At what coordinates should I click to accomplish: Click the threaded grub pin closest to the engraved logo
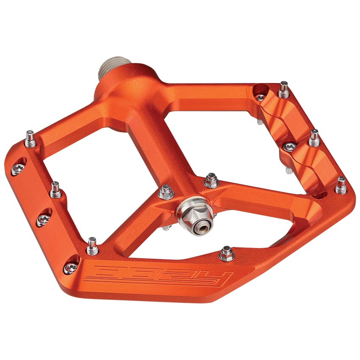point(92,246)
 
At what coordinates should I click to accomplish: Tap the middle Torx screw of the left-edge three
point(43,219)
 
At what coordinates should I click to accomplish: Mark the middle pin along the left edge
point(55,190)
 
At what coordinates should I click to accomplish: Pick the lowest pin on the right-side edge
point(341,185)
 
